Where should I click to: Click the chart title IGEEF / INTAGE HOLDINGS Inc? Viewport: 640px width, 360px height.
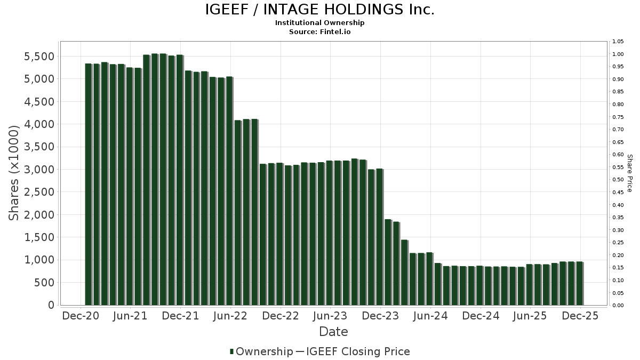tap(319, 10)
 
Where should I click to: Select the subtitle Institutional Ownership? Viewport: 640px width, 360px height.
tap(319, 23)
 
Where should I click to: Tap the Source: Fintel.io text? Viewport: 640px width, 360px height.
tap(319, 32)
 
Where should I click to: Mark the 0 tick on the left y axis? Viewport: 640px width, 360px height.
tap(51, 305)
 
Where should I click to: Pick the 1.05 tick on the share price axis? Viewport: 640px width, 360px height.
tap(618, 42)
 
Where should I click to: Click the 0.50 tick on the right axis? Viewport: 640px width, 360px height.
tap(618, 180)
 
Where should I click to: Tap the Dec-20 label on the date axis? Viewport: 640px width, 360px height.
tap(81, 316)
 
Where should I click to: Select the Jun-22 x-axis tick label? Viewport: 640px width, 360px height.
tap(230, 316)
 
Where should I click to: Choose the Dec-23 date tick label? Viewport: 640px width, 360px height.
tap(381, 316)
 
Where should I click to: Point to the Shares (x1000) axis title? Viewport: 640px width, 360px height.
tap(15, 173)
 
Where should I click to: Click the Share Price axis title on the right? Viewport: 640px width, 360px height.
tap(629, 173)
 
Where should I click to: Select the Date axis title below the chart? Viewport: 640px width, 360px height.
tap(333, 332)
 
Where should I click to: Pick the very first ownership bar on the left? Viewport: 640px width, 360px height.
tap(88, 184)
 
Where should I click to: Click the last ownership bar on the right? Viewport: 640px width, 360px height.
tap(579, 283)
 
